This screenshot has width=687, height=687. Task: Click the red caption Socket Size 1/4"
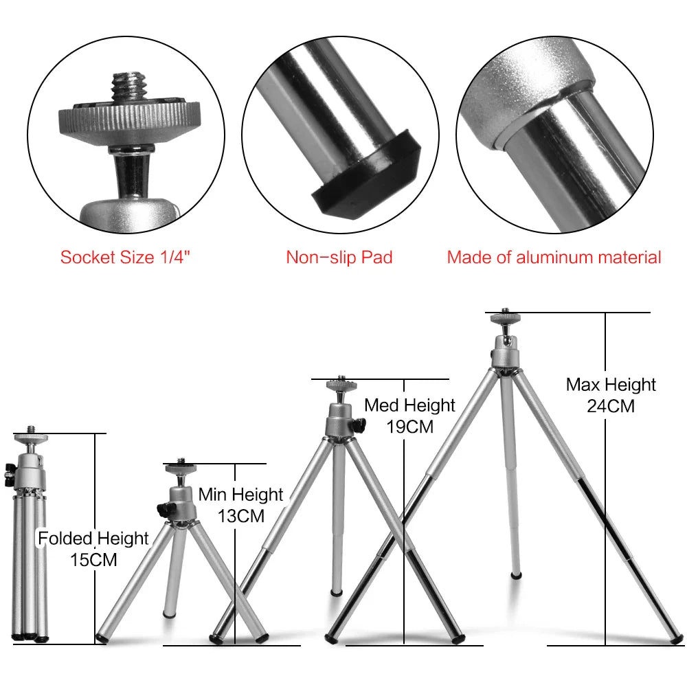[x=124, y=258]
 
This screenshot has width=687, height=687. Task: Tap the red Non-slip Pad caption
[x=339, y=258]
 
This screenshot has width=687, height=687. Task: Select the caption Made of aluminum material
[x=554, y=258]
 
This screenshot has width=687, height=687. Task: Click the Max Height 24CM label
[x=611, y=395]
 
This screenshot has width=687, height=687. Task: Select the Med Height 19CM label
[x=409, y=416]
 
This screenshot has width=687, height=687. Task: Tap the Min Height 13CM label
[x=240, y=505]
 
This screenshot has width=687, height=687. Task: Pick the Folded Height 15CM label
[x=93, y=548]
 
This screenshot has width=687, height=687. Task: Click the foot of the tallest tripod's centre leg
[x=516, y=572]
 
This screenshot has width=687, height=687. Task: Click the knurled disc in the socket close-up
[x=127, y=121]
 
